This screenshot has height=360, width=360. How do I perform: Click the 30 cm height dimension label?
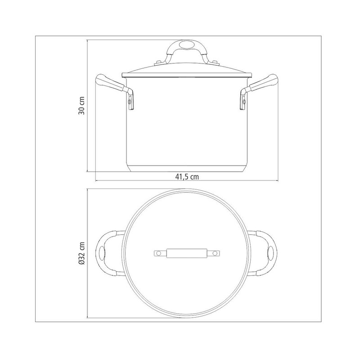coord(82,106)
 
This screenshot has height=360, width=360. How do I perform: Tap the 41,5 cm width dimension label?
coord(187,177)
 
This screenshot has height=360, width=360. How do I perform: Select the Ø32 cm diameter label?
coord(82,253)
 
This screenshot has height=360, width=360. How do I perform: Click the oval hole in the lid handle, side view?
coord(186,44)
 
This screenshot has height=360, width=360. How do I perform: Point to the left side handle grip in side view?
coord(110,83)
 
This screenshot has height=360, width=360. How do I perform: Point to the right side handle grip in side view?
coord(263,83)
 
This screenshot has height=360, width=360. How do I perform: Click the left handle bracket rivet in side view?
coord(130,101)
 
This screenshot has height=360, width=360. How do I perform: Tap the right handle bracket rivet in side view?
coord(243,101)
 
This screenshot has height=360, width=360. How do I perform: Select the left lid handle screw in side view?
coord(158,63)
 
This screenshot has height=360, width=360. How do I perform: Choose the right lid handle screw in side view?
coord(215,63)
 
